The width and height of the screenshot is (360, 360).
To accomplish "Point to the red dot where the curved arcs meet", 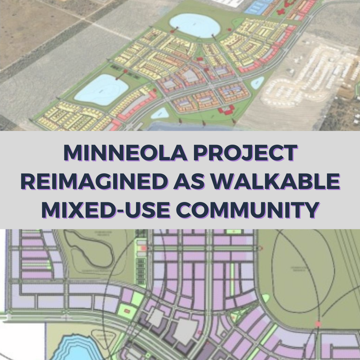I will (x=318, y=324).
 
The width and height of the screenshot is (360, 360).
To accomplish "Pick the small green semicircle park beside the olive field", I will (x=265, y=298).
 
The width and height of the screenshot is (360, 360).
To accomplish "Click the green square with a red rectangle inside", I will (x=127, y=311).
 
